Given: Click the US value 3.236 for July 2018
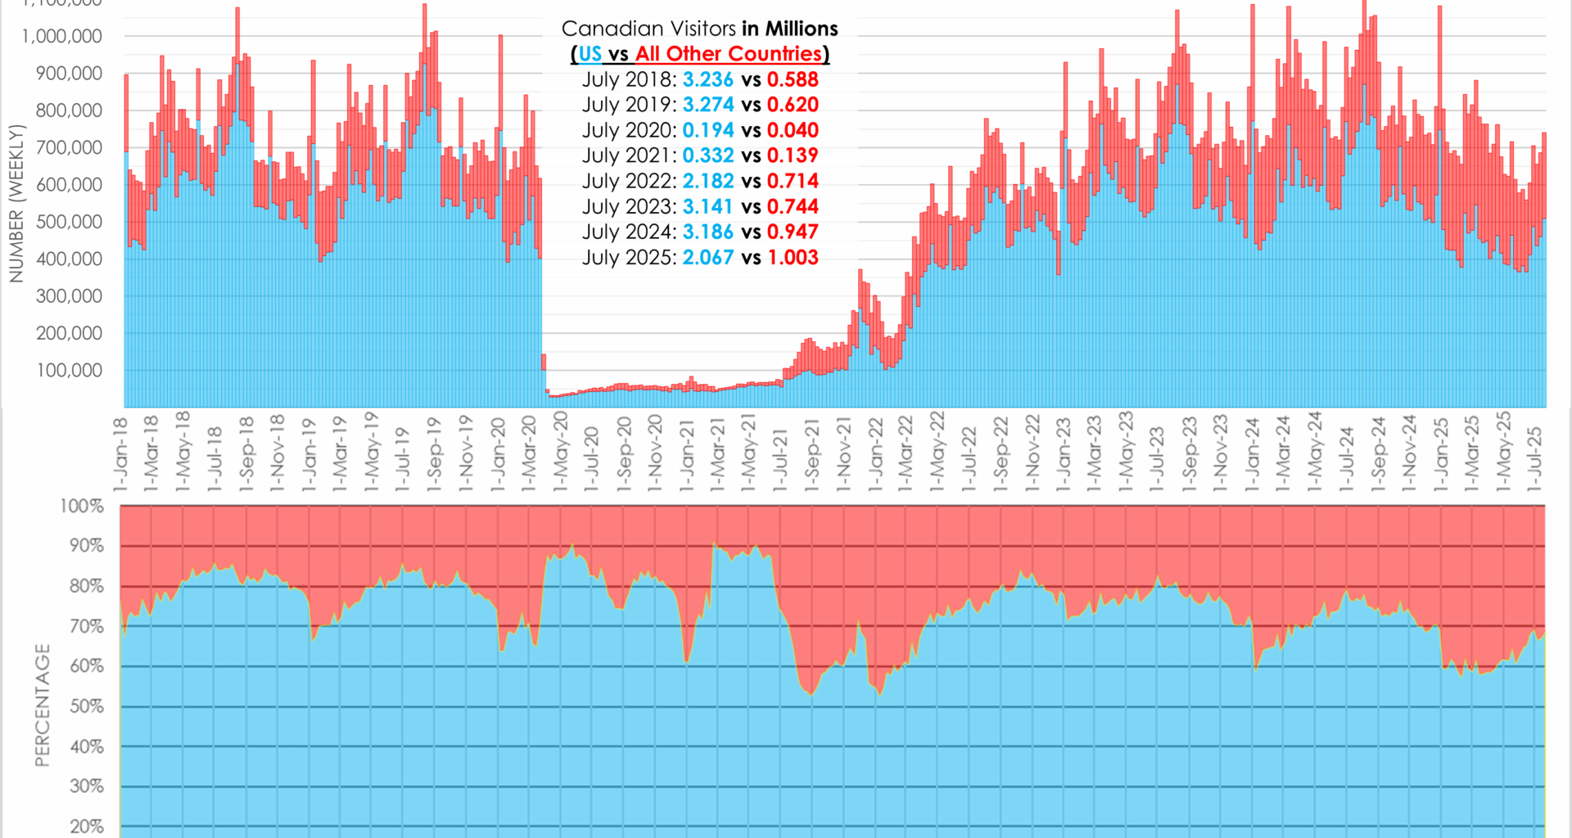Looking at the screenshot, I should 708,79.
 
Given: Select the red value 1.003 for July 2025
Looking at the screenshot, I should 793,258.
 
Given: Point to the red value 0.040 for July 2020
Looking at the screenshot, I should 793,130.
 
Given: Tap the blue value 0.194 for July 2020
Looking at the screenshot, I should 708,130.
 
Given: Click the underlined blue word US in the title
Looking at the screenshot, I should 589,54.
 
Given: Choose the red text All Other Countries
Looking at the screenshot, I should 729,54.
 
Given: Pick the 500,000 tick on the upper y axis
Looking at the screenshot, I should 69,222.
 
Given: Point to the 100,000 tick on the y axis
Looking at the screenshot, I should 69,370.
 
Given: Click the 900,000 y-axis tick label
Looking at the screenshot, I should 69,74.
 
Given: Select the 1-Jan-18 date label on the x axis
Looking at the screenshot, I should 121,455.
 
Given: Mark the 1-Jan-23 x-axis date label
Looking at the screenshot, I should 1063,455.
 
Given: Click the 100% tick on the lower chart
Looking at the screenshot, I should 82,506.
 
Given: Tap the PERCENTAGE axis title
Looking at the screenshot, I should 43,705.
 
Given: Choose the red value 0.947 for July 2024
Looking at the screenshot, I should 793,232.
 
